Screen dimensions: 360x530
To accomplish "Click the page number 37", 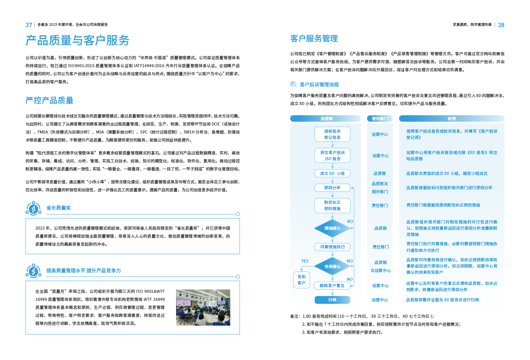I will [28, 25].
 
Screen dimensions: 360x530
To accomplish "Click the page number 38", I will [501, 25].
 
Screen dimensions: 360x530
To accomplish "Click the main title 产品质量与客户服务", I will [77, 40].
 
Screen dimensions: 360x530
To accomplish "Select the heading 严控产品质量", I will [49, 100].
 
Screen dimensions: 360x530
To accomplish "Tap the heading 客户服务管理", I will [314, 39].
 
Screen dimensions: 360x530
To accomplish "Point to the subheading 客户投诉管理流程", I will [319, 84].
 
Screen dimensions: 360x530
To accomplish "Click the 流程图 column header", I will [326, 119].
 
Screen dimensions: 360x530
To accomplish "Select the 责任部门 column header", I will [379, 119].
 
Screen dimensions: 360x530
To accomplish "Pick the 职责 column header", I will [451, 119].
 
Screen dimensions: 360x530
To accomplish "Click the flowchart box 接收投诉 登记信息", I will [332, 134].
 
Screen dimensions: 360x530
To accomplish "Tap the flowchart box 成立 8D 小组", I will [332, 173].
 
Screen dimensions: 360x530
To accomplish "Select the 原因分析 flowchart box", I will [332, 188].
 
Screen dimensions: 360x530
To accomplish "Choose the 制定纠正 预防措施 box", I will [332, 205].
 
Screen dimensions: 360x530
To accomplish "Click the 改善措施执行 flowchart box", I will [332, 247].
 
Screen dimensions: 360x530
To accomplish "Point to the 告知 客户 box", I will [301, 279].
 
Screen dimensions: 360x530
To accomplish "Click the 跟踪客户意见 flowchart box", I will [332, 285].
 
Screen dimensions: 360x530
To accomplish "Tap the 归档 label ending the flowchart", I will [332, 299].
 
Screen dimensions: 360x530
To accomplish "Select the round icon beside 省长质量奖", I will [34, 208].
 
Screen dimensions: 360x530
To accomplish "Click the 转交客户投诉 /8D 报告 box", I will [332, 155].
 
